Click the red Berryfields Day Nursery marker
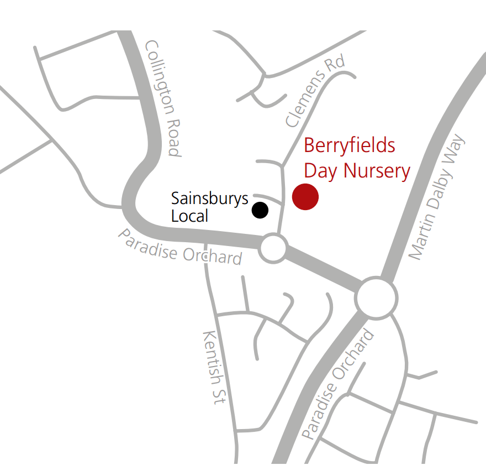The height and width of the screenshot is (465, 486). pos(305,197)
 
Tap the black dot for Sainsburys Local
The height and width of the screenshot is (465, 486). pos(260,210)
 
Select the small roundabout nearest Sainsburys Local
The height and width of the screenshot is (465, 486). pos(273,248)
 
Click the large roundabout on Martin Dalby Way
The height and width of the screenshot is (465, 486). pos(376,299)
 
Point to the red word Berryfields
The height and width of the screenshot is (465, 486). pos(350,146)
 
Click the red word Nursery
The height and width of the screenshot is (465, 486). pos(377,171)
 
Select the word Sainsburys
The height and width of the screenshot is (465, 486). pos(209,199)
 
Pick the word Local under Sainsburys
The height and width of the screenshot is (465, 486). pos(189,216)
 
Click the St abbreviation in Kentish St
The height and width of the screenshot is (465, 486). pos(217,395)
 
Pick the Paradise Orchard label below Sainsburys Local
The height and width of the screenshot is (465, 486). pos(179,247)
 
